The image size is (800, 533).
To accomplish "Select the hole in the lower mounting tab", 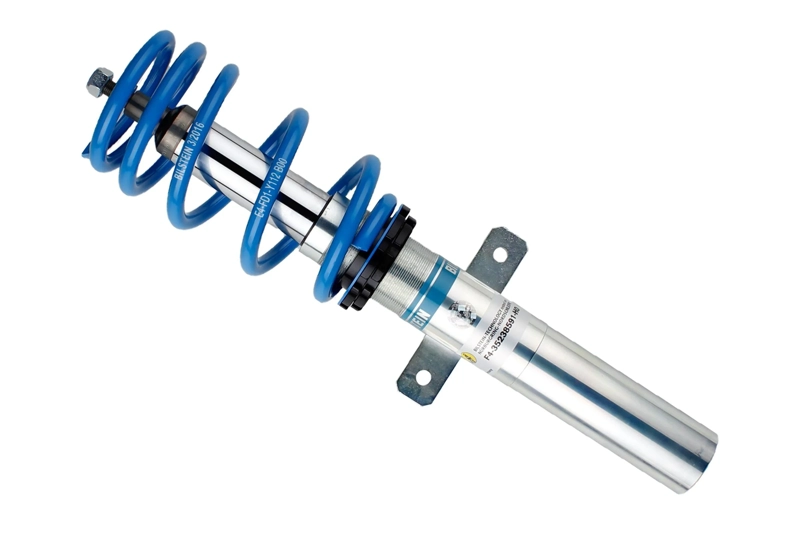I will [x=421, y=378].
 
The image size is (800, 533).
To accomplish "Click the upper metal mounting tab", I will [x=497, y=256].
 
